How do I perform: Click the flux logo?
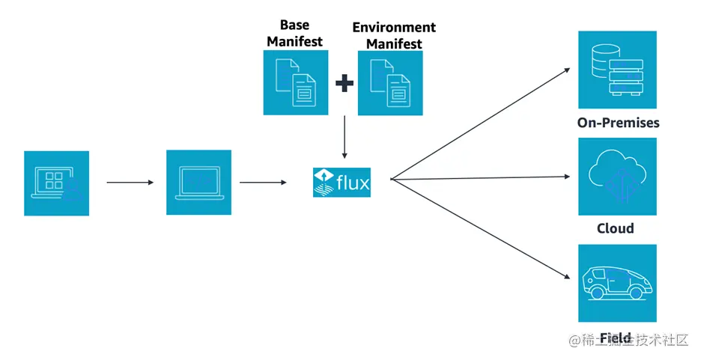click(x=342, y=182)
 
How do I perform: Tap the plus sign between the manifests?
click(x=344, y=83)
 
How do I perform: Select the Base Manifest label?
click(x=295, y=33)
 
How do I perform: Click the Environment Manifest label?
click(x=394, y=35)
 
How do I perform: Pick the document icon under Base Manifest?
click(x=296, y=82)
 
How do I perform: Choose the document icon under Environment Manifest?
click(x=390, y=83)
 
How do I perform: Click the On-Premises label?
click(x=618, y=123)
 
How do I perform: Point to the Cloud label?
click(x=615, y=228)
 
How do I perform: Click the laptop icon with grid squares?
click(x=56, y=183)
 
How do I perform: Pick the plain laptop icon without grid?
click(x=198, y=183)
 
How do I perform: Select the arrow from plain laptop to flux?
click(x=262, y=182)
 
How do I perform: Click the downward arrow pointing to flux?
click(x=344, y=136)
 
